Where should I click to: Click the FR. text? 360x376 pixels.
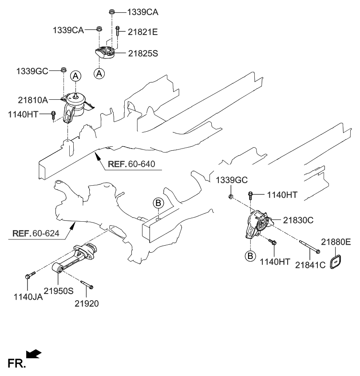click(16, 364)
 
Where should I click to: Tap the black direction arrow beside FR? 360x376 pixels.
click(34, 353)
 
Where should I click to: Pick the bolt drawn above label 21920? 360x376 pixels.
click(87, 284)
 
